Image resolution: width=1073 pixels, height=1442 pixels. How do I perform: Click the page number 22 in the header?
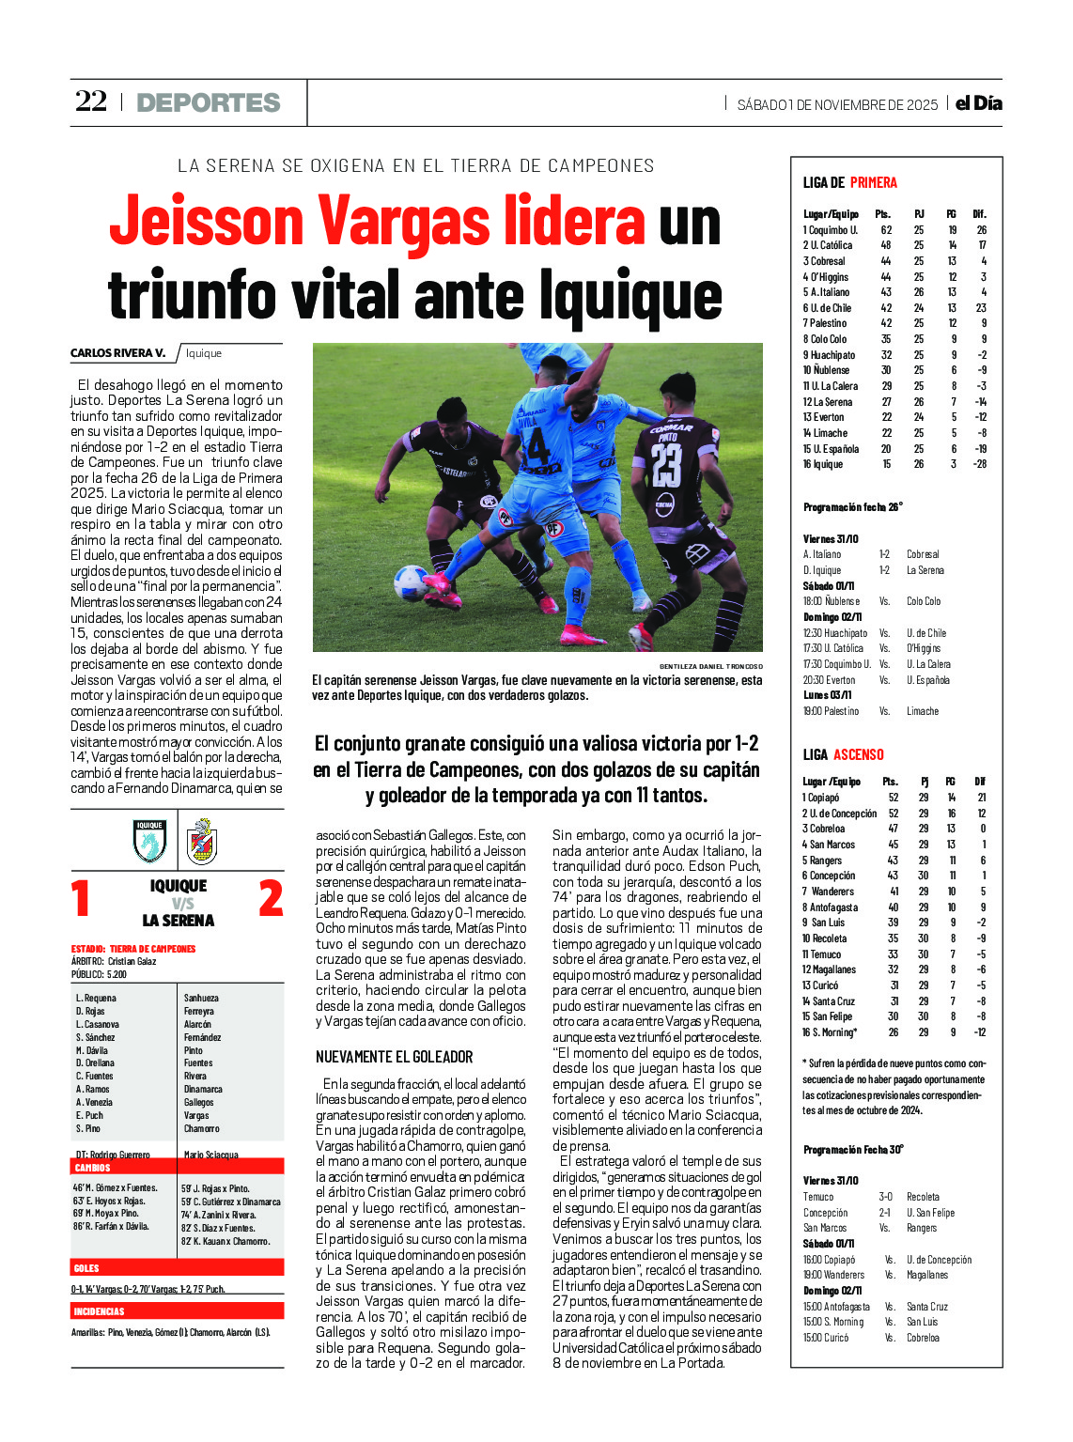point(91,101)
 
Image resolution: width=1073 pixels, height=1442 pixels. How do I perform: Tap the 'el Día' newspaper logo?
point(979,103)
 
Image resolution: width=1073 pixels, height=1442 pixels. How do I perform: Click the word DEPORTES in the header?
point(209,102)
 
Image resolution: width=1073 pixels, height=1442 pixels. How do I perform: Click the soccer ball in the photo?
point(411,583)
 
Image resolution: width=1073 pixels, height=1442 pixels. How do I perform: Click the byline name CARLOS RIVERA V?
point(117,353)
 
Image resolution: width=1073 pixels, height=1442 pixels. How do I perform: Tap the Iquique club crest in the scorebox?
point(150,841)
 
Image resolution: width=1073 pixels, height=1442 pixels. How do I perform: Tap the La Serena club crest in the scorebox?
point(202,841)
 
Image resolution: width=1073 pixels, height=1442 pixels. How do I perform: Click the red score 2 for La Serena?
point(271,898)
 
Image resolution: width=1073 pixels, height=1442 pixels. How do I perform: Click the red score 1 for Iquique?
point(82,898)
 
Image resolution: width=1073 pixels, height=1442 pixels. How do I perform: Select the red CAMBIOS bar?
point(178,1168)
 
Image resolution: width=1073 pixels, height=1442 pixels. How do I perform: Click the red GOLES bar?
point(178,1268)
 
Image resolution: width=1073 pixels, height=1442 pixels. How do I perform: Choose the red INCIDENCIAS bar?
point(178,1310)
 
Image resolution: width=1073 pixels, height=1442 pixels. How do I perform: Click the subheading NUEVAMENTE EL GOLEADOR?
point(395,1057)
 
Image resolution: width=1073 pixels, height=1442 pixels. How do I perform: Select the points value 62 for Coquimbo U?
point(885,230)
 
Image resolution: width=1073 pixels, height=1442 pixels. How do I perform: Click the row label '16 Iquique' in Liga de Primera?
point(823,464)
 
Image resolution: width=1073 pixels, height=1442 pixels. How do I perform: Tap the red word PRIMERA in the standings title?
point(873,182)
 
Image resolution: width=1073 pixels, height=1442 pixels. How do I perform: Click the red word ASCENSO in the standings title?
point(859,754)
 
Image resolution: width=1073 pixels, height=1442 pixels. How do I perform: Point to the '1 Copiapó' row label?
point(821,798)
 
